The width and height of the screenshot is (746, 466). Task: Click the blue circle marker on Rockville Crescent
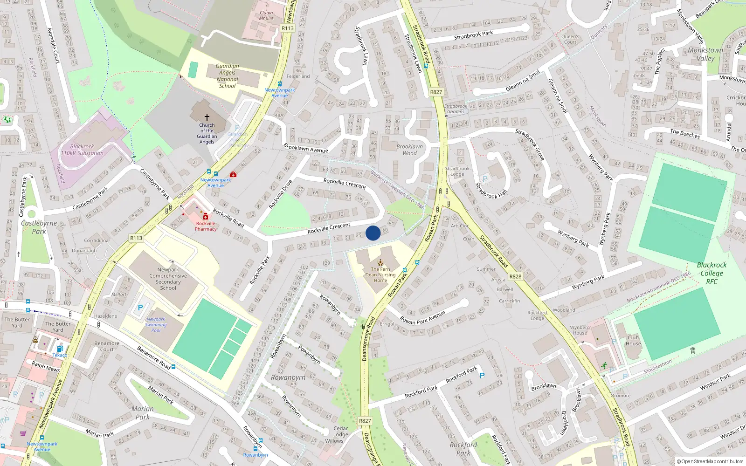pos(373,233)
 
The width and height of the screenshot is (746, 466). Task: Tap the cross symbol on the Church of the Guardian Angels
pos(207,117)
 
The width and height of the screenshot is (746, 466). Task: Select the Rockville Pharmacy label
pos(206,226)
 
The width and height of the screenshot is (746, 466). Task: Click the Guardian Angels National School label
pos(228,76)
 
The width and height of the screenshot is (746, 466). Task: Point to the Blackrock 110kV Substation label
pos(82,150)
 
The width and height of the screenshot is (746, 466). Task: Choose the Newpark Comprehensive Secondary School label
pos(168,279)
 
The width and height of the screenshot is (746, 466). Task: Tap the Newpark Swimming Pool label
pos(156,325)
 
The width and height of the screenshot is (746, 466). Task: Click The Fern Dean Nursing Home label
pos(380,274)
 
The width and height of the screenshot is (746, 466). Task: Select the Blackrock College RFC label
pos(711,273)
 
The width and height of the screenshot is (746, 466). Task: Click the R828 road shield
pos(515,276)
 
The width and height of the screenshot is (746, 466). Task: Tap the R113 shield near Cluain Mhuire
pos(288,28)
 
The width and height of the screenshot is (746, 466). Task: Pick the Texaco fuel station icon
pos(60,349)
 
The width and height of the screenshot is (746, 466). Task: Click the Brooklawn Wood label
pos(410,150)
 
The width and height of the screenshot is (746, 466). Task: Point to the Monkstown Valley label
pos(705,54)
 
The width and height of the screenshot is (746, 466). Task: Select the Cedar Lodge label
pos(340,432)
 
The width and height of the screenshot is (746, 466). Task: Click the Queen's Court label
pos(570,39)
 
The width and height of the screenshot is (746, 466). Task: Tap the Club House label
pos(633,341)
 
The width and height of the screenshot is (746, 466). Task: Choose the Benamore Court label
pos(107,346)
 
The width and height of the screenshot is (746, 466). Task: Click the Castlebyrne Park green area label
pos(39,227)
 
